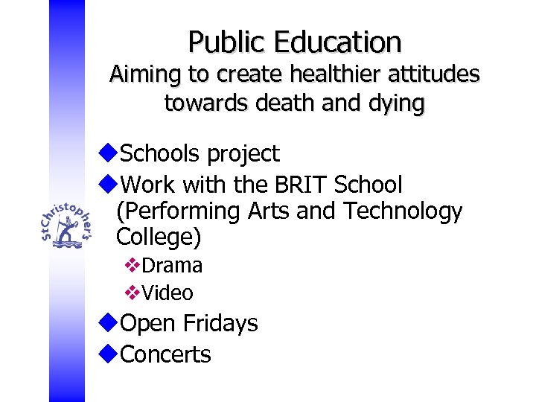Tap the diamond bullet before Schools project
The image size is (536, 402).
(108, 153)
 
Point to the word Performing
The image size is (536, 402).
(175, 212)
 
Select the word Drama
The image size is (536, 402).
(172, 265)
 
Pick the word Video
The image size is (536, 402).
(167, 293)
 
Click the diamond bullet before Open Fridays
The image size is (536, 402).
(108, 323)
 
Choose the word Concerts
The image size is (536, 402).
(165, 354)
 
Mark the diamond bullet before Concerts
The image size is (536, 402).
(108, 354)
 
